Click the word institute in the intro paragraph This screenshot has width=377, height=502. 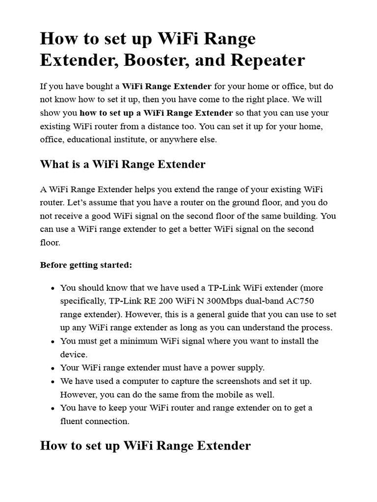click(x=135, y=139)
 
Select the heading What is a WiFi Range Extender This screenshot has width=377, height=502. click(x=122, y=164)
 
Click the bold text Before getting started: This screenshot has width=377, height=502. click(x=86, y=265)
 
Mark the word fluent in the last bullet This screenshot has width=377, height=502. click(x=72, y=421)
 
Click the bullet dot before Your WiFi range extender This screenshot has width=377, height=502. click(x=52, y=368)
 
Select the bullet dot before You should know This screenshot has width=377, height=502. click(x=52, y=288)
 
